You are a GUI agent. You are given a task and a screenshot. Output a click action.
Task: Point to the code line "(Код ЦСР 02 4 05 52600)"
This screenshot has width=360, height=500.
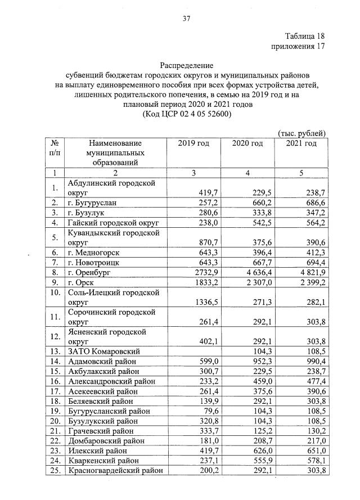[187, 114]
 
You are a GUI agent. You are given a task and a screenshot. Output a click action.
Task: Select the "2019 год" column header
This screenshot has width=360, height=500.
[193, 144]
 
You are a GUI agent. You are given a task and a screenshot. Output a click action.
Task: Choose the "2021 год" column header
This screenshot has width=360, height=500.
[300, 144]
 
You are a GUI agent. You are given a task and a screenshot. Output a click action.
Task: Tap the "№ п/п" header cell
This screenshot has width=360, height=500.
[55, 148]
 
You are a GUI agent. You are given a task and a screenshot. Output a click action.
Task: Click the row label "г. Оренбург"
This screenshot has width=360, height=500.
[90, 272]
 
